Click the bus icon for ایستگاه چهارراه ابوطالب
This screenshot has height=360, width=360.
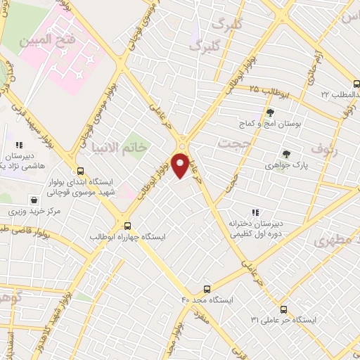point(127,226)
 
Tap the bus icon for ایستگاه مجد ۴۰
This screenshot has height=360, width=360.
point(207,288)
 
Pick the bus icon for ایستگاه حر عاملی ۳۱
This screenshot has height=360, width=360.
point(283,309)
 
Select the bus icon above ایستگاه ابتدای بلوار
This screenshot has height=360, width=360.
point(81,170)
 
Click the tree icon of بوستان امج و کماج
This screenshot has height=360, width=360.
point(270,112)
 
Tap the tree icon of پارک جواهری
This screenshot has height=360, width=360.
point(285,153)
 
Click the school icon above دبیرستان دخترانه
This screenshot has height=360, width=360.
point(255,212)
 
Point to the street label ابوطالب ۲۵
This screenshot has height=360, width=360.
point(265,91)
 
